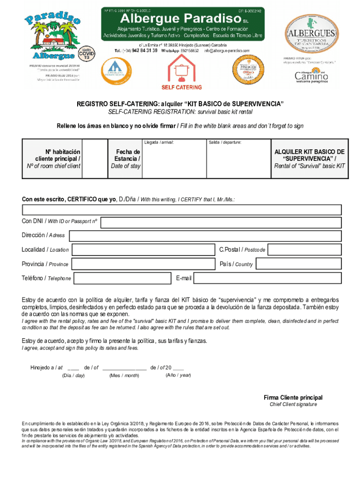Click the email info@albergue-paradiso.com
[x=226, y=50]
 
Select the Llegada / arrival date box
[x=172, y=161]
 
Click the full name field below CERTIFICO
[x=180, y=209]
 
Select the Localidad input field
[x=143, y=250]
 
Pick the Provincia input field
[x=143, y=264]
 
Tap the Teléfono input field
[x=122, y=278]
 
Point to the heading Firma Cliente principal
[x=293, y=398]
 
